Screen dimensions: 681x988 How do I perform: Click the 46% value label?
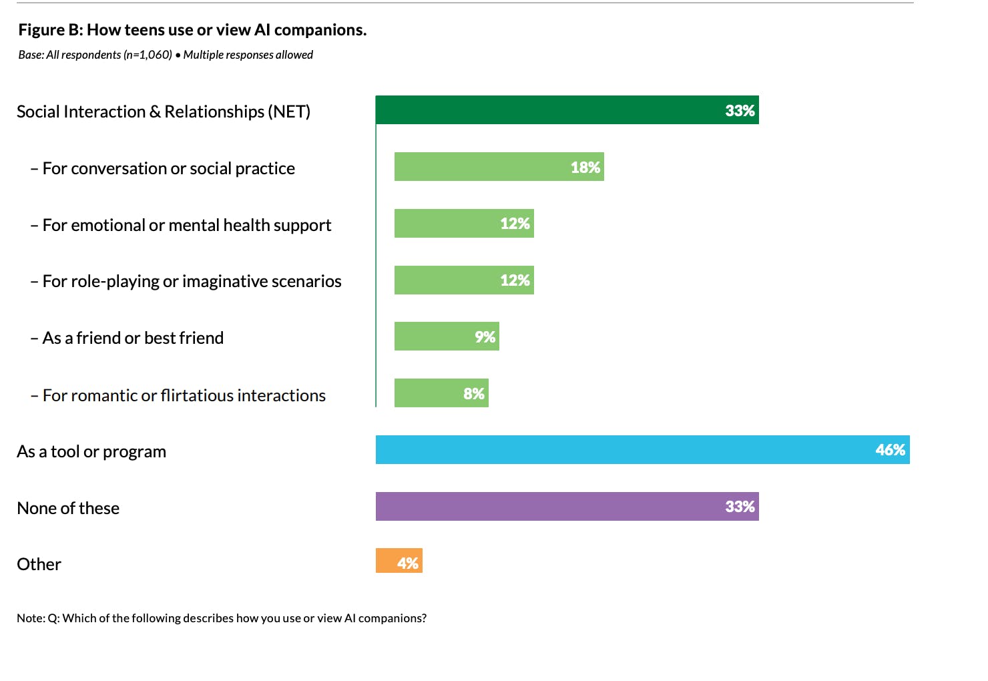pos(891,450)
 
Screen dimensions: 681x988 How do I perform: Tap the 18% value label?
pos(585,168)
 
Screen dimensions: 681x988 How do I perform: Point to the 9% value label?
pos(485,337)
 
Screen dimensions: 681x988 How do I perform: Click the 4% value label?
pos(408,563)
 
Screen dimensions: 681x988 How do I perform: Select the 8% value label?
pos(474,394)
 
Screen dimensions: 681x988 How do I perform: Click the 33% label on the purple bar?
pos(740,507)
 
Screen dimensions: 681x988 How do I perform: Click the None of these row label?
pos(68,508)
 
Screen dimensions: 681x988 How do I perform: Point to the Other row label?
pos(39,564)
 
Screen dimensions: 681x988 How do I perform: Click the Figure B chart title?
pos(192,30)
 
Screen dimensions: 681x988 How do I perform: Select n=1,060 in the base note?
pos(148,55)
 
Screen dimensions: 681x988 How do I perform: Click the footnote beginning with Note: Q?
pos(222,618)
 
